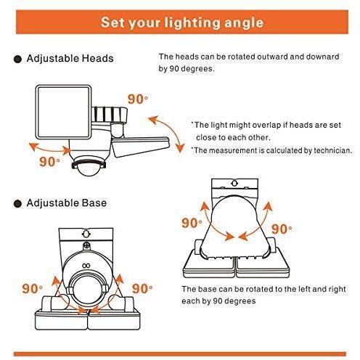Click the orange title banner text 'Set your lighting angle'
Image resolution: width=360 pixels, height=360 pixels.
tap(182, 22)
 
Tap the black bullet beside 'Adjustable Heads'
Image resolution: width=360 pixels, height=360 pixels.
tap(17, 59)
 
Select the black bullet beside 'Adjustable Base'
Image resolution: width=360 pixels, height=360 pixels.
tap(17, 204)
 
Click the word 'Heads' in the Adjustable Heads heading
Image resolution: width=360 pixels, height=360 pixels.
tap(97, 58)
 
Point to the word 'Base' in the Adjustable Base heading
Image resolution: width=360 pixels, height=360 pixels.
tap(94, 203)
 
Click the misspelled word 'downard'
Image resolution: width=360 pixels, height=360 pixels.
tap(322, 57)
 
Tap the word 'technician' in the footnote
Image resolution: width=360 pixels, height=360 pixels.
tap(333, 150)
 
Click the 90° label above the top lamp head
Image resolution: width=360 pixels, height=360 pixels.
tap(138, 99)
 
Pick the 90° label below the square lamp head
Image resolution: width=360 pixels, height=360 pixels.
tap(49, 162)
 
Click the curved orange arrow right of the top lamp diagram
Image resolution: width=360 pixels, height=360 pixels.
tap(168, 133)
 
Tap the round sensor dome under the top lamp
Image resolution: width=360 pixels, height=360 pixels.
tap(89, 166)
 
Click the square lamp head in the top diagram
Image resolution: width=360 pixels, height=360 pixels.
tap(63, 112)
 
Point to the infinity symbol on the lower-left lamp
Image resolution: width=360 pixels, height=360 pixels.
tap(86, 266)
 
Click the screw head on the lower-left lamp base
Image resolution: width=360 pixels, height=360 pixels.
tap(86, 246)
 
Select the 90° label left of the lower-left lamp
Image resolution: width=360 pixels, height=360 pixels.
tap(32, 289)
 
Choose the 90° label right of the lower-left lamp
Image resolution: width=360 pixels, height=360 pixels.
tap(142, 289)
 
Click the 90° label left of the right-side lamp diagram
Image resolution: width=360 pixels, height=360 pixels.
tap(192, 223)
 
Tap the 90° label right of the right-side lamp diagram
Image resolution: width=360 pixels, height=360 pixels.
tap(282, 229)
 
